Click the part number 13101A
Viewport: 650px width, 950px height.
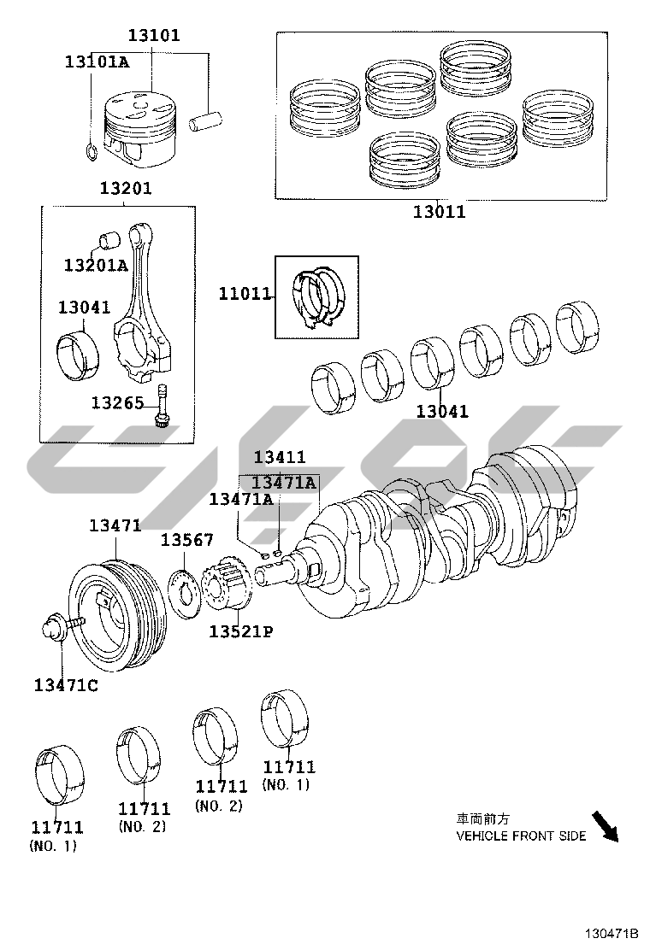pyautogui.click(x=97, y=62)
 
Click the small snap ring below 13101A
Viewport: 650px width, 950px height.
pyautogui.click(x=92, y=152)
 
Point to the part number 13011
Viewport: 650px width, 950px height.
pyautogui.click(x=439, y=212)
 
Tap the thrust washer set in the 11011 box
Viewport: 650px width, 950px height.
pyautogui.click(x=316, y=296)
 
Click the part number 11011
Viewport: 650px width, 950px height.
pyautogui.click(x=245, y=295)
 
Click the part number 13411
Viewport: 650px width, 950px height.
pyautogui.click(x=279, y=458)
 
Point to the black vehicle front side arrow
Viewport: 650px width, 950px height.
pyautogui.click(x=606, y=825)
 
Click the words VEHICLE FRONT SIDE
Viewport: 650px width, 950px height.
pyautogui.click(x=521, y=836)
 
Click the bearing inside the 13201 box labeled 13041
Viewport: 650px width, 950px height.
pyautogui.click(x=78, y=351)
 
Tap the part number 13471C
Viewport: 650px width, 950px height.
pyautogui.click(x=66, y=684)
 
